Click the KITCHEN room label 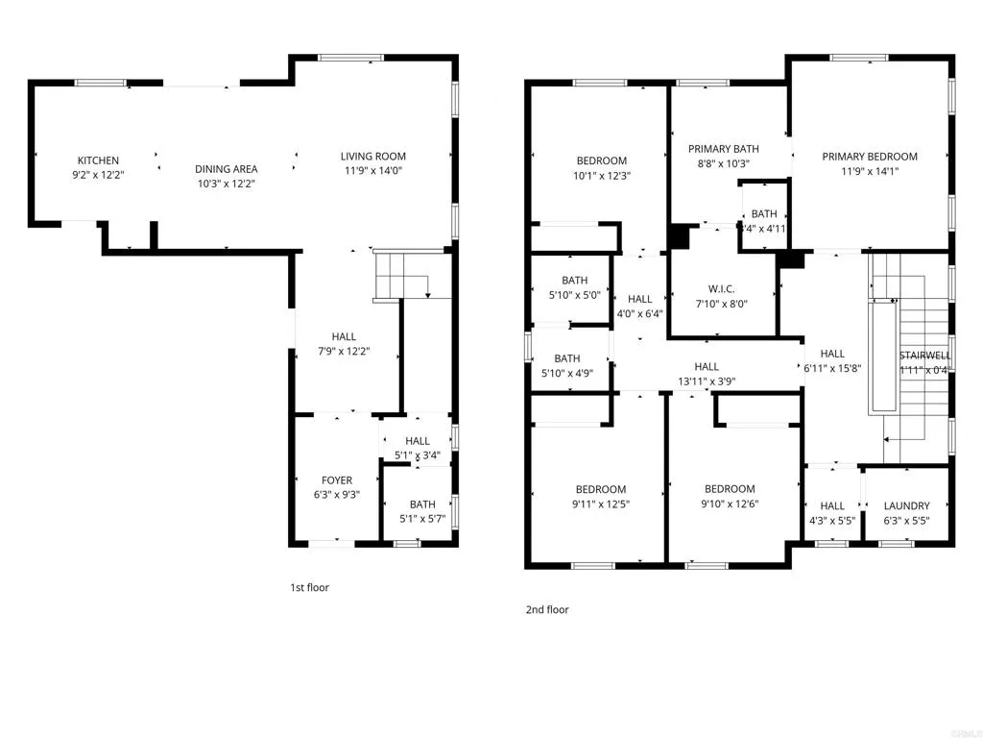point(98,160)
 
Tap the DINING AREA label point(227,169)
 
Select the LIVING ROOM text point(373,157)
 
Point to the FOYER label point(337,480)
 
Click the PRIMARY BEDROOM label point(870,157)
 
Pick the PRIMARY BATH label point(724,149)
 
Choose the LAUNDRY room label point(906,506)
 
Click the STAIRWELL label point(925,355)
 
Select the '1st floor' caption point(309,587)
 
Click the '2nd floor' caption point(547,609)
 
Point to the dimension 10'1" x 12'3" point(601,176)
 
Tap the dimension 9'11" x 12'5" point(601,504)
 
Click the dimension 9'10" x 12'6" point(730,504)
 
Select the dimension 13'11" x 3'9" point(707,381)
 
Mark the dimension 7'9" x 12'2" point(344,352)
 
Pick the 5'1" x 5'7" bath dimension point(422,519)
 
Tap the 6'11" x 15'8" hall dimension point(832,368)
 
